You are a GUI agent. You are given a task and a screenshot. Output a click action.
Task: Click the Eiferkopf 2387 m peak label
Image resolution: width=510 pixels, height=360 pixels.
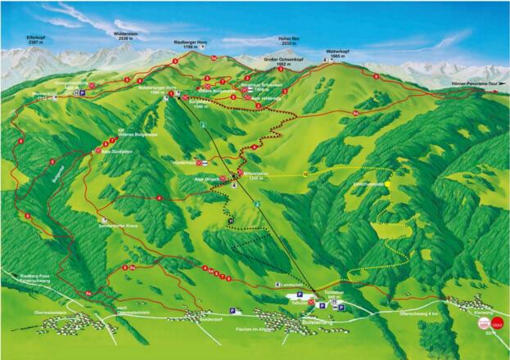pyautogui.click(x=37, y=39)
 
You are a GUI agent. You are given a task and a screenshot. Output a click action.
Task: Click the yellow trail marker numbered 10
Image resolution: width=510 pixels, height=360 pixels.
pyautogui.click(x=305, y=174)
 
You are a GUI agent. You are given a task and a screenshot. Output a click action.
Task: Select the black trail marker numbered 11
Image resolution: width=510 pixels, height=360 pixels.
pyautogui.click(x=232, y=221)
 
